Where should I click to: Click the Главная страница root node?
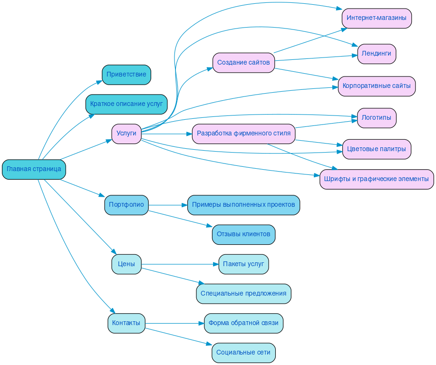click(x=34, y=169)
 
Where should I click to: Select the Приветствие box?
click(x=126, y=75)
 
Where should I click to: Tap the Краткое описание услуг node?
click(x=126, y=104)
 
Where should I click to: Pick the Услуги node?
click(x=126, y=134)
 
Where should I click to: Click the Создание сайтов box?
click(x=243, y=63)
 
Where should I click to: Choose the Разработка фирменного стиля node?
click(x=243, y=134)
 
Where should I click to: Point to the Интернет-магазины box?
click(x=377, y=18)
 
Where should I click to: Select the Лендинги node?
click(x=377, y=54)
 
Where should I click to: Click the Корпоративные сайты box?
click(x=377, y=86)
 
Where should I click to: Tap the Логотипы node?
click(x=377, y=118)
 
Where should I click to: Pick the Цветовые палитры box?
click(x=377, y=149)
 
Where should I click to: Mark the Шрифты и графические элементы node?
click(x=377, y=179)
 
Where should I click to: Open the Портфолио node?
click(x=126, y=205)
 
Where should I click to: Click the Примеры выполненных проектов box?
click(x=243, y=205)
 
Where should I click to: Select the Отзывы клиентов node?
click(x=243, y=234)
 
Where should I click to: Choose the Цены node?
click(x=126, y=264)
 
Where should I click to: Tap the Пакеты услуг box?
click(x=243, y=264)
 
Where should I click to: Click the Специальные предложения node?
click(x=243, y=294)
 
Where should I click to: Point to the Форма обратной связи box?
click(x=243, y=323)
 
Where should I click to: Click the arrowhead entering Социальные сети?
click(x=209, y=344)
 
